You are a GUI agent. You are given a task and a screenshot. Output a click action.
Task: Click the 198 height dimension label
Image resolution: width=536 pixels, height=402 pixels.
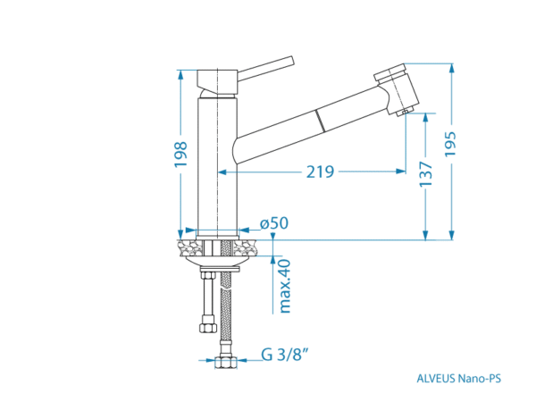pyautogui.click(x=180, y=154)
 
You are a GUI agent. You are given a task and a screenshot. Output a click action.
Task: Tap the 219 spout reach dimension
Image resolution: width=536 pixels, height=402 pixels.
pyautogui.click(x=320, y=172)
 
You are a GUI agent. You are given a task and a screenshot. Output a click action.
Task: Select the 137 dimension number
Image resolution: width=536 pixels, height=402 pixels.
pyautogui.click(x=426, y=174)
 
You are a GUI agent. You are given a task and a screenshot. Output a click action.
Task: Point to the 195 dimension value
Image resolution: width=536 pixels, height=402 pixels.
pyautogui.click(x=450, y=144)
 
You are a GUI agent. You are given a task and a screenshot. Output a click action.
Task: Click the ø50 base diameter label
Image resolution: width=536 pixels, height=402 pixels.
pyautogui.click(x=274, y=223)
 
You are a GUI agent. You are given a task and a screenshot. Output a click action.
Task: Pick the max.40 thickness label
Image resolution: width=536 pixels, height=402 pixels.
pyautogui.click(x=285, y=286)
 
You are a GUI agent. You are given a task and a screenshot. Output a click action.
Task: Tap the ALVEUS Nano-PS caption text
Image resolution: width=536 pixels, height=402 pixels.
pyautogui.click(x=459, y=379)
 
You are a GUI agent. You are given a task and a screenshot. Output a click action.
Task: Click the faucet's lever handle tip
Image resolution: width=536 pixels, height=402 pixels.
pyautogui.click(x=291, y=60)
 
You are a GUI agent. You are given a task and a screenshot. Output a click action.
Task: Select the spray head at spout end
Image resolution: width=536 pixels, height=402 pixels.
pyautogui.click(x=397, y=89)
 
